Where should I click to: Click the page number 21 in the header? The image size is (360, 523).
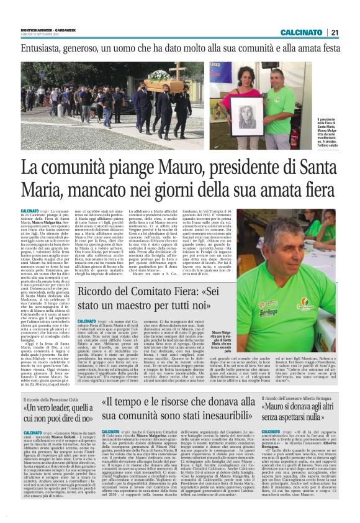click(351, 32)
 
